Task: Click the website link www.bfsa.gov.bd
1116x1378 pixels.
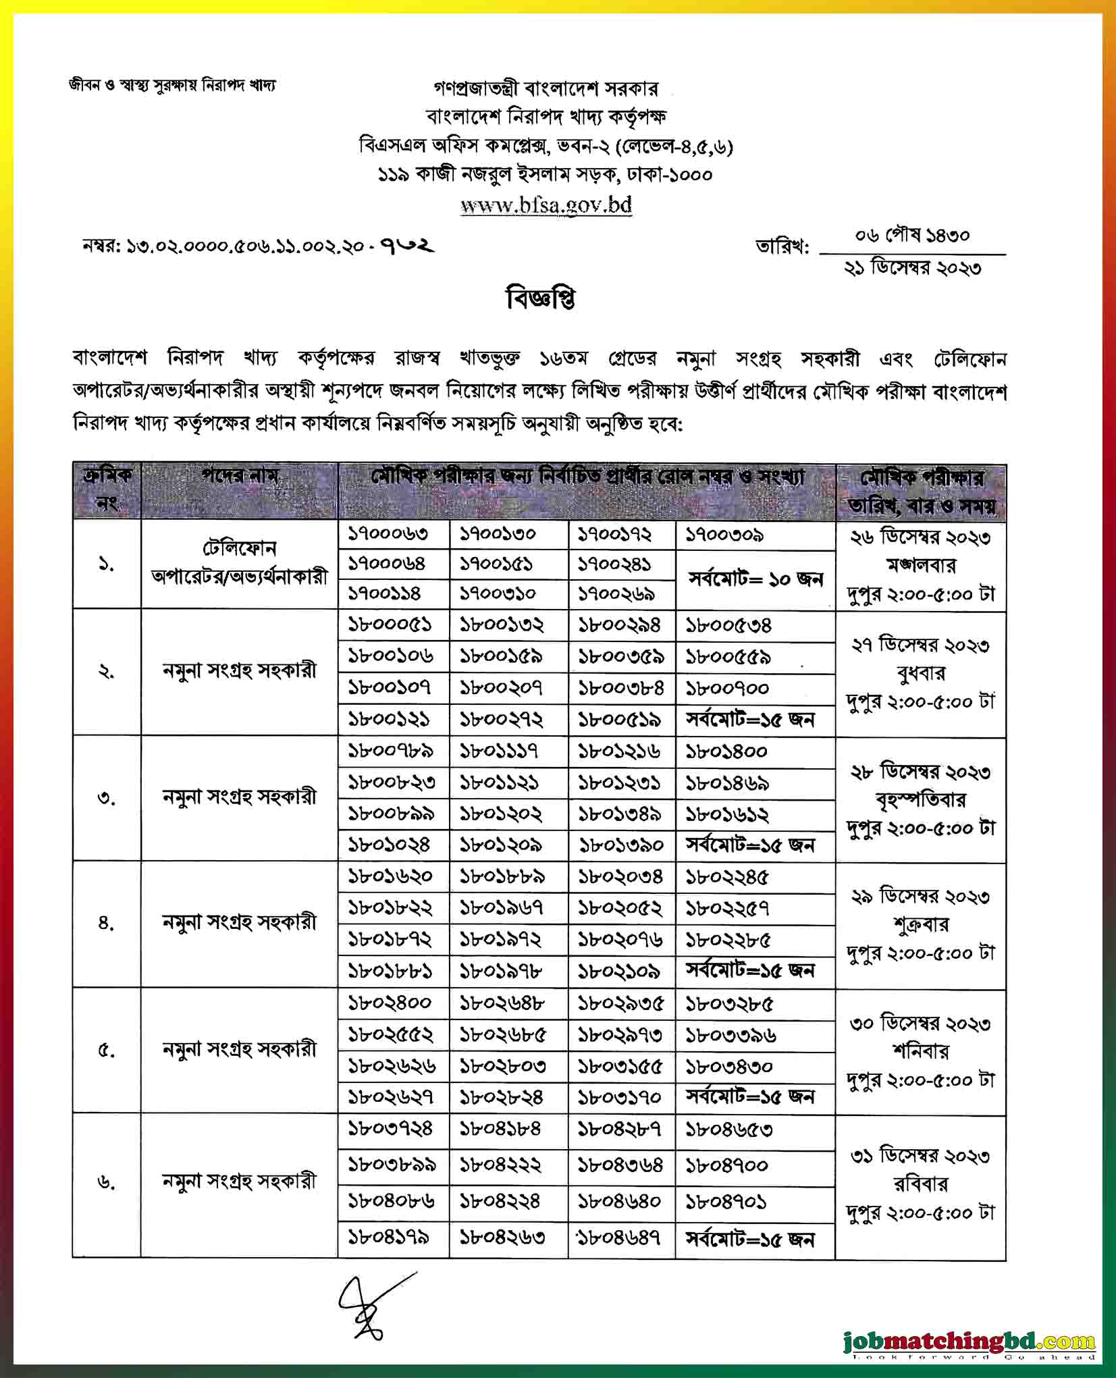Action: tap(546, 205)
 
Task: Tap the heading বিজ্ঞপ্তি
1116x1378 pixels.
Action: tap(541, 299)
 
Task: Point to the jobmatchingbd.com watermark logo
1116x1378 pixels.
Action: tap(969, 1341)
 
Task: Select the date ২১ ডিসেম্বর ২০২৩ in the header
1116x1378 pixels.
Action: tap(912, 269)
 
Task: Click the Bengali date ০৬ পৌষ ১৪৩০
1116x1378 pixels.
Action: tap(912, 236)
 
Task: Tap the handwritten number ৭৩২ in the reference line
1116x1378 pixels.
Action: tap(408, 246)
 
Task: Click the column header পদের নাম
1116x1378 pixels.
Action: tap(239, 477)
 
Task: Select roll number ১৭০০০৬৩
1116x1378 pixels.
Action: tap(388, 535)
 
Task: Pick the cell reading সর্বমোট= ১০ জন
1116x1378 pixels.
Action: tap(755, 579)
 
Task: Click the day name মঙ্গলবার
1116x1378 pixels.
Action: tap(920, 566)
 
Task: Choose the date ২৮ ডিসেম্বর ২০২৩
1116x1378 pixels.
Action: tap(920, 772)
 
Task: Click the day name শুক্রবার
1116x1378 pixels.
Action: tap(920, 925)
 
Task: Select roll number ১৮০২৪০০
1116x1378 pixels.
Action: tap(390, 1003)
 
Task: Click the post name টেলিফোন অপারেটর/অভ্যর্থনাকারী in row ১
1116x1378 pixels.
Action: tap(239, 564)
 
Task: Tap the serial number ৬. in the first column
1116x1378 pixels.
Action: tap(107, 1182)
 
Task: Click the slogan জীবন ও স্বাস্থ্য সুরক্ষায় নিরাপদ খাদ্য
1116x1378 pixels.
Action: tap(172, 86)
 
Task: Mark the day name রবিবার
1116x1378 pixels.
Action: tap(920, 1184)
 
